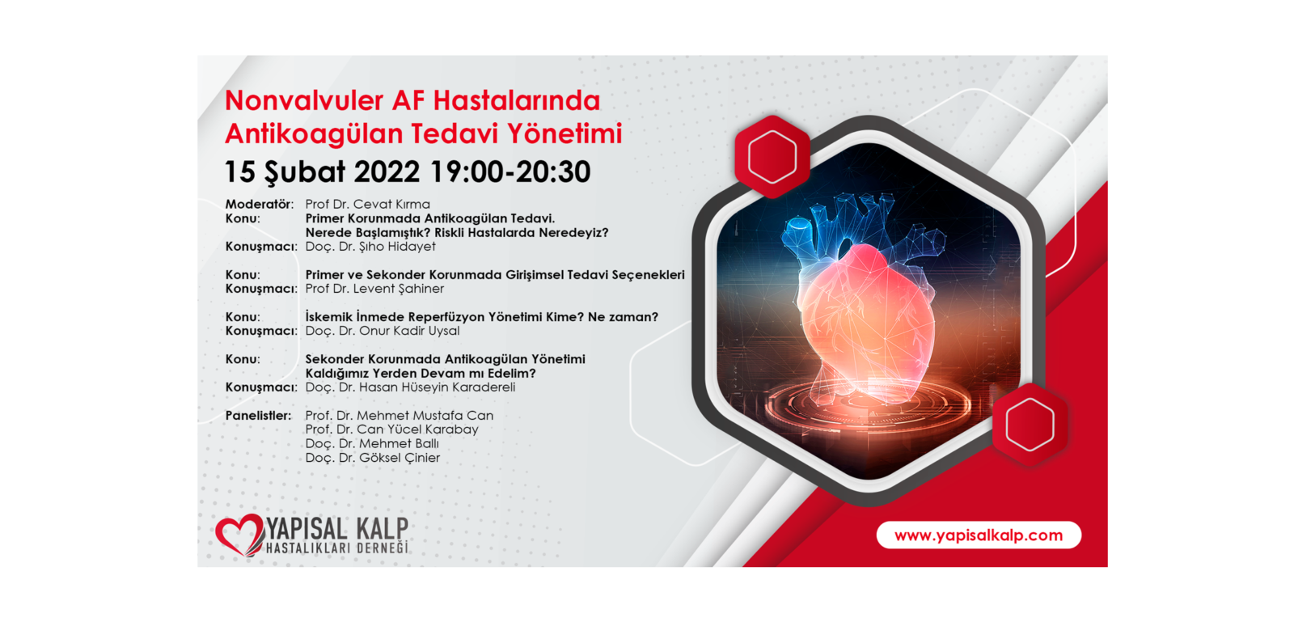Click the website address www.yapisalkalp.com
point(979,535)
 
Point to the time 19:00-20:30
point(510,171)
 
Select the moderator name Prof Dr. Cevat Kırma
point(367,204)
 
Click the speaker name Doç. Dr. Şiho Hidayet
point(370,247)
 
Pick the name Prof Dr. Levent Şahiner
point(374,289)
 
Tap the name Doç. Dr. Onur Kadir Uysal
point(383,331)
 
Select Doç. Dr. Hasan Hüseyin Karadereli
point(410,387)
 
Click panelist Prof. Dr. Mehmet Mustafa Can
point(400,415)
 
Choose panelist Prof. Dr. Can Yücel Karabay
point(391,429)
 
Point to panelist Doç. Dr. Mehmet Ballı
point(372,443)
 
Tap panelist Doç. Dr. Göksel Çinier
point(373,458)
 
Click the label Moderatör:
point(260,204)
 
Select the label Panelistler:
point(258,415)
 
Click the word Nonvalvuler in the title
point(304,100)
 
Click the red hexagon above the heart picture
point(772,156)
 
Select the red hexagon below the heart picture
point(1030,425)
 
